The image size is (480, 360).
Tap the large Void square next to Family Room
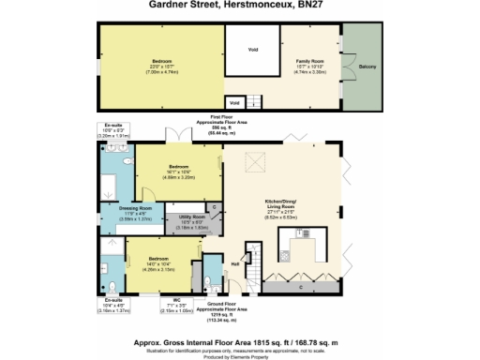click(x=253, y=51)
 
